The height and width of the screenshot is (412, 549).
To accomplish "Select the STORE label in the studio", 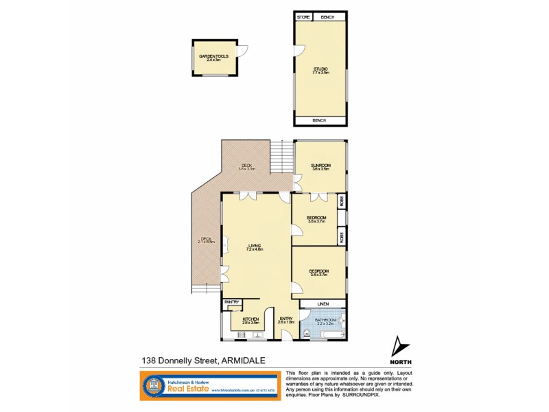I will [303, 17].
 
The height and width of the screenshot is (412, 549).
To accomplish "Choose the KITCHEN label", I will [250, 319].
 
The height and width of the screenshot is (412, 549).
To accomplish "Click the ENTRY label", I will [286, 319].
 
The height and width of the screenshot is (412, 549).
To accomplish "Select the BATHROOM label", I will [325, 320].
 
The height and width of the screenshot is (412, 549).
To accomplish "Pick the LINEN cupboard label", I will [323, 304].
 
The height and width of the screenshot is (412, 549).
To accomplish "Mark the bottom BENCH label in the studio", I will [320, 121].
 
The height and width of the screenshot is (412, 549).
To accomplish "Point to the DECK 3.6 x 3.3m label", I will [246, 166].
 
